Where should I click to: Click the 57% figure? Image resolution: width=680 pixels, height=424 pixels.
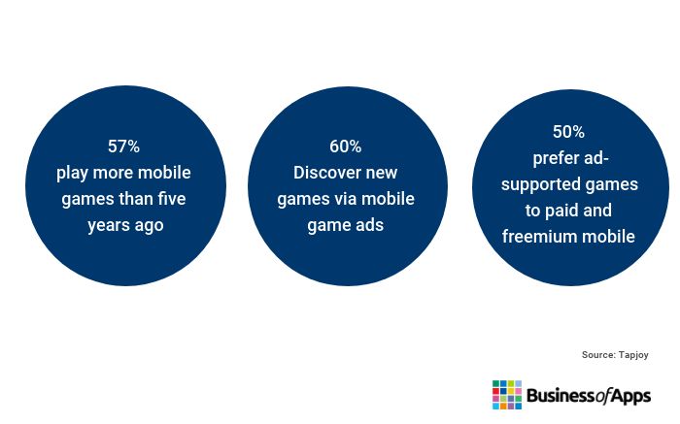(x=123, y=147)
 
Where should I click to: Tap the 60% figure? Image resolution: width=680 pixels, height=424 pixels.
(x=345, y=147)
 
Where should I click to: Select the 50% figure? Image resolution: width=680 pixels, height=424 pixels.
(x=568, y=132)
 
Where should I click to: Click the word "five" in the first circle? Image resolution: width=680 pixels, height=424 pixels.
(x=172, y=199)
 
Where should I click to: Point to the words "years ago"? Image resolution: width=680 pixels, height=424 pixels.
(x=125, y=226)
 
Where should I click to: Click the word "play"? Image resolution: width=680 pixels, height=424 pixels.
(x=72, y=174)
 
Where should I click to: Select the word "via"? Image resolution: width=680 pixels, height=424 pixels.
(x=345, y=199)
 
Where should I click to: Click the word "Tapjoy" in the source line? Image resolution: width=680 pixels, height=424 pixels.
(x=633, y=355)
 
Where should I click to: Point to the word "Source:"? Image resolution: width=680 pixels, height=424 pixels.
(x=599, y=355)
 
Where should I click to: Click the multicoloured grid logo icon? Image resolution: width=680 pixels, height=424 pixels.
(x=507, y=395)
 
